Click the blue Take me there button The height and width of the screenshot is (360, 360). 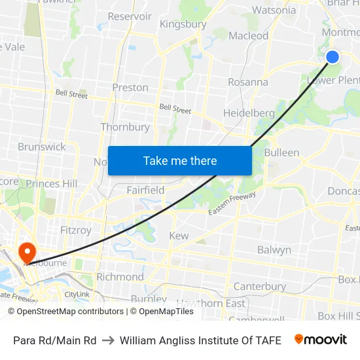point(180,160)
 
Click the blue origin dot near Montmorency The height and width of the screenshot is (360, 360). point(333,57)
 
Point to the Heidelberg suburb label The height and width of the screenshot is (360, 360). point(249,113)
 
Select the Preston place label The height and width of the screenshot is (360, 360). point(130,87)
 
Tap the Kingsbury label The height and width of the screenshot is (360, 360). point(183,24)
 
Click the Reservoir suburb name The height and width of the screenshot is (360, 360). point(130,16)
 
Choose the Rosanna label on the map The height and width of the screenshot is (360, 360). point(247,82)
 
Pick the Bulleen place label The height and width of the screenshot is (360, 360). point(281,153)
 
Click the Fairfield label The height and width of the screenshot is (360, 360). point(145,190)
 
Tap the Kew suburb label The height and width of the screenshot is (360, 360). point(179,236)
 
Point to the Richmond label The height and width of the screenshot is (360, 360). point(120,277)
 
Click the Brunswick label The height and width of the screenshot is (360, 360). point(42,147)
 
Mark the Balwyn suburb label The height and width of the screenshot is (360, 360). point(274,250)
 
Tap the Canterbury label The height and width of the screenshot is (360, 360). point(260,286)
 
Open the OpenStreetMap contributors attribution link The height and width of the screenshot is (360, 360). point(70,312)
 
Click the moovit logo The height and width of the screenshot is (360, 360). point(321,340)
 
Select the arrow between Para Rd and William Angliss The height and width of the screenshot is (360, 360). point(108,340)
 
